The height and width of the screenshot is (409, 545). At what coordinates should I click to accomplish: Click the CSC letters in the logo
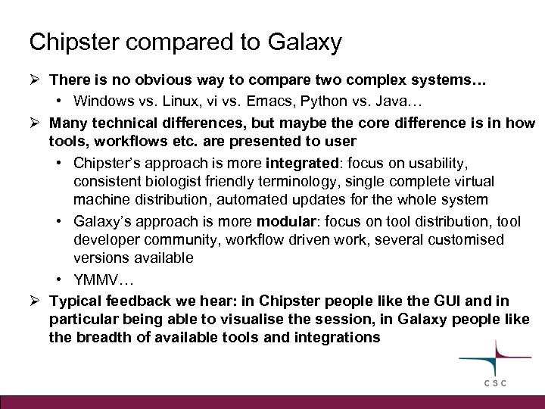[x=498, y=384]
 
